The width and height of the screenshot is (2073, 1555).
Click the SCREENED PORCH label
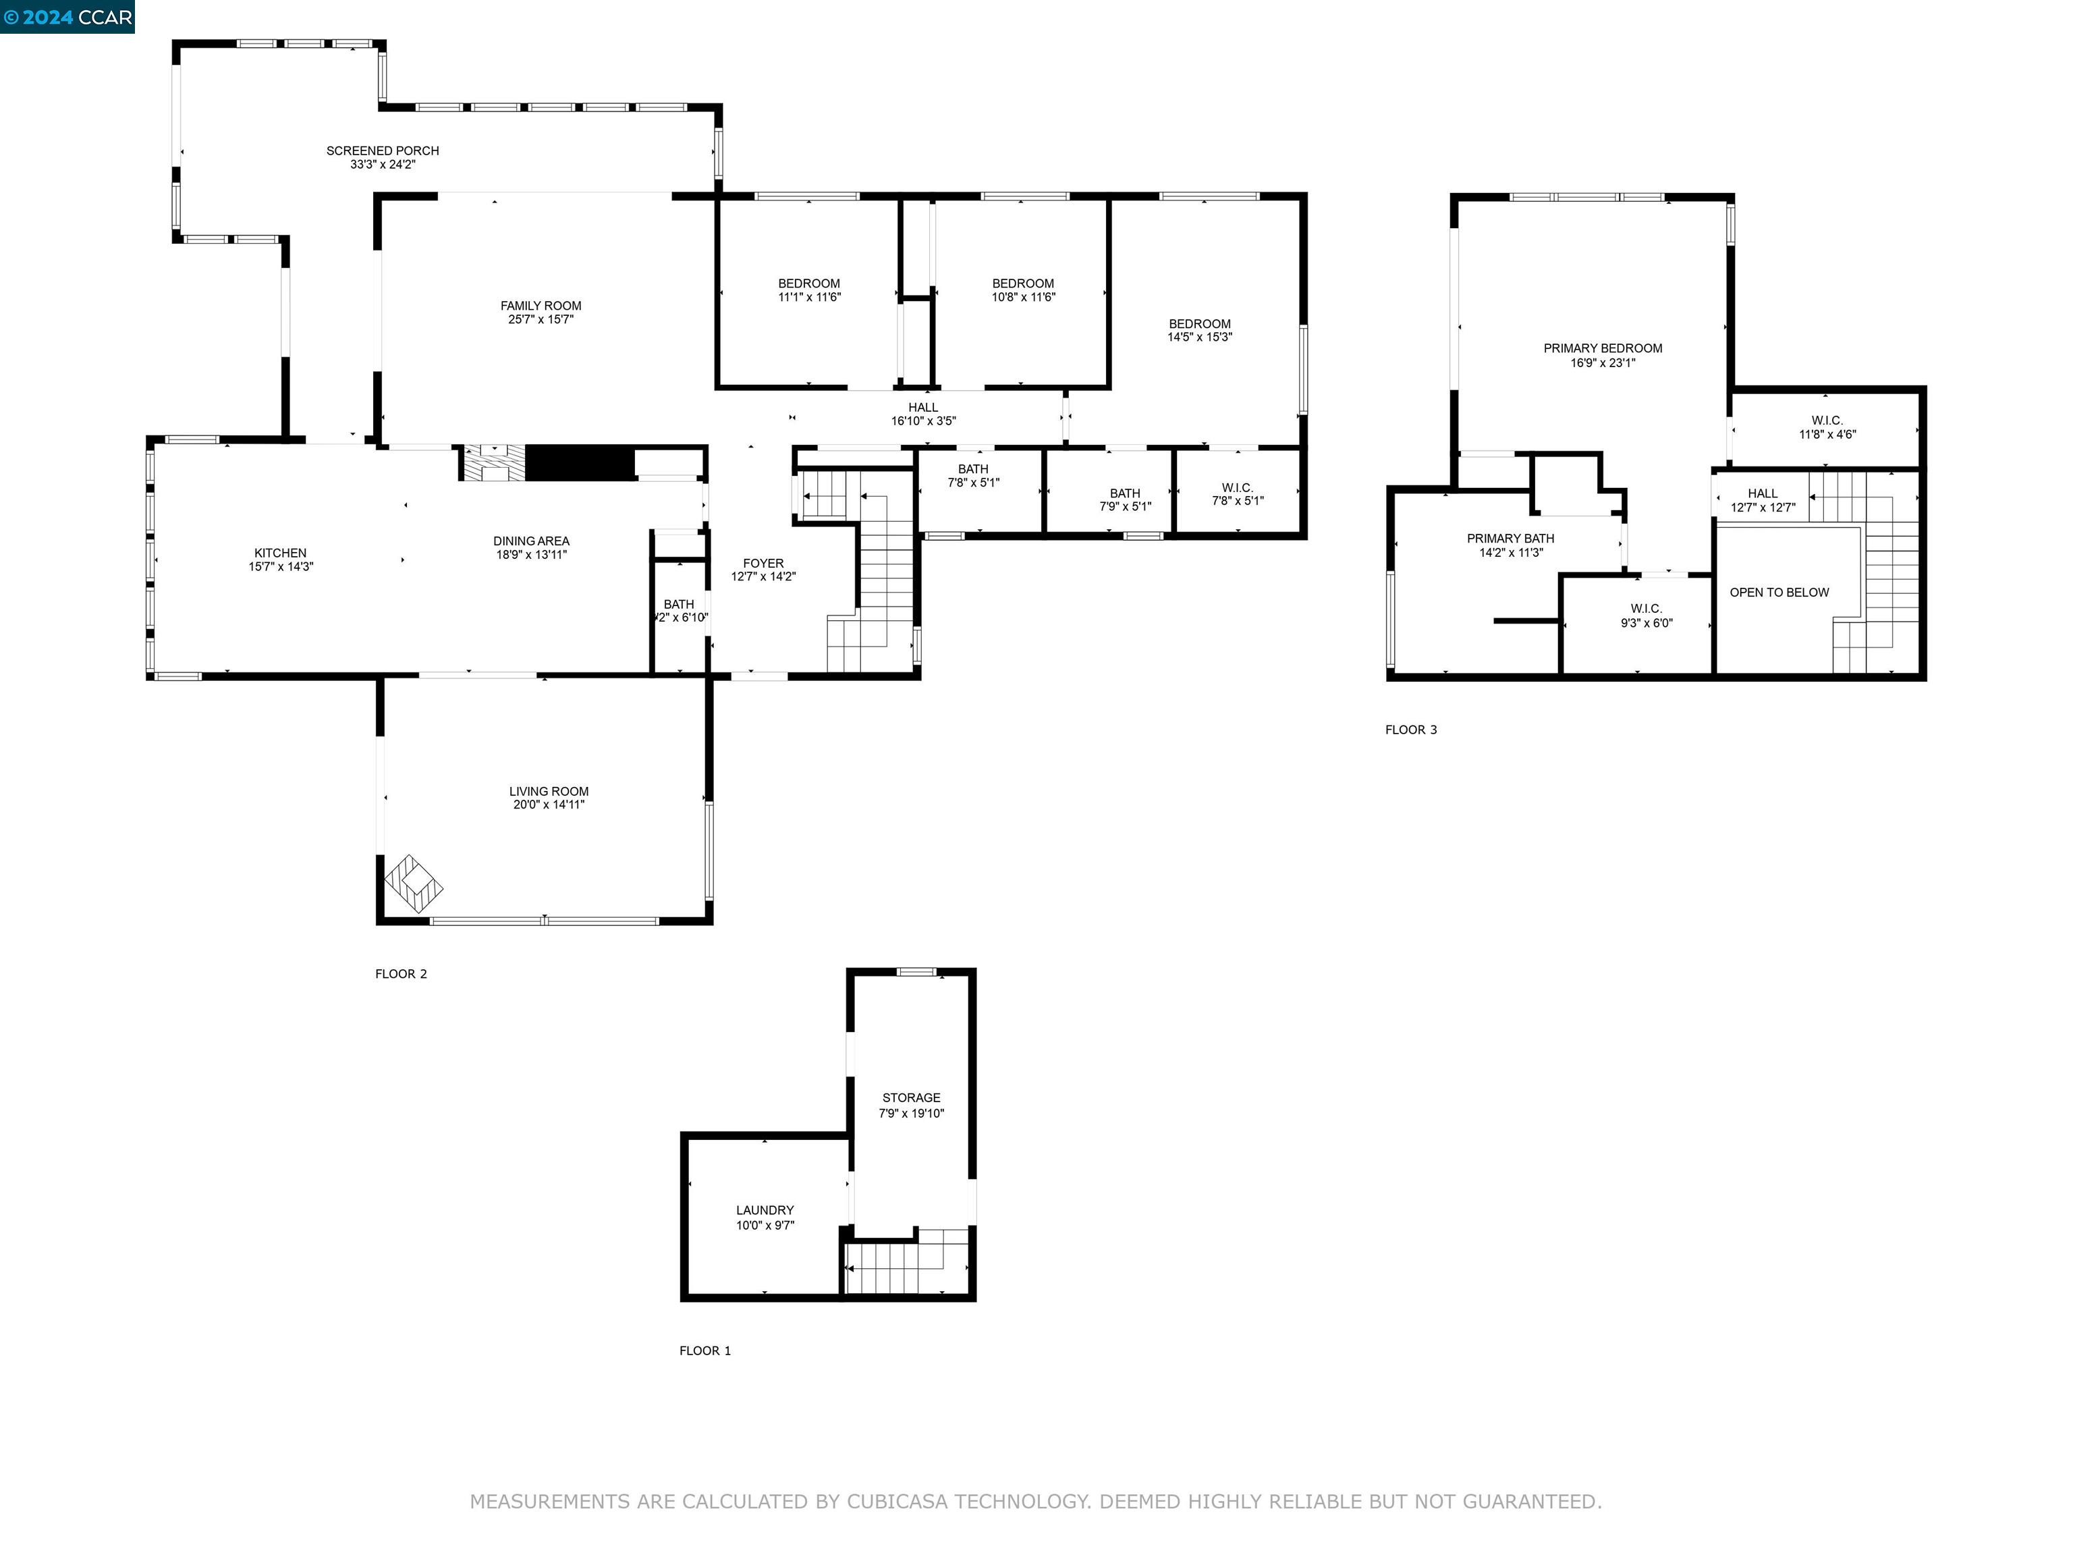383,151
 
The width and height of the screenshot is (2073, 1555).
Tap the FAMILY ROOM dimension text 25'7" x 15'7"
541,320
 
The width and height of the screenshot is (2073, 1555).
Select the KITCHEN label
280,553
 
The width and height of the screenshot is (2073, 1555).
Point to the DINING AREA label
531,541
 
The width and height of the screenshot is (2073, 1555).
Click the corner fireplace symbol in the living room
412,883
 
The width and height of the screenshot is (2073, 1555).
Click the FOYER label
763,564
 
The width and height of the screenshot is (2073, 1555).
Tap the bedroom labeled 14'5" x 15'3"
1200,330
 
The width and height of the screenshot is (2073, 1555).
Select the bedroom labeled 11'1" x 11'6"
809,290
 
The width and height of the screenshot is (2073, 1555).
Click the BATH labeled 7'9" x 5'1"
1125,499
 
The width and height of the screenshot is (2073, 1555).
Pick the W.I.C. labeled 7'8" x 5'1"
1237,494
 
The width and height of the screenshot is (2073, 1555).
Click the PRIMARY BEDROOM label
1603,349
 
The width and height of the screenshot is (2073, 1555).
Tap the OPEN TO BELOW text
1779,593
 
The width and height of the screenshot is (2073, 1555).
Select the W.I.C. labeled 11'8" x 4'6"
1827,427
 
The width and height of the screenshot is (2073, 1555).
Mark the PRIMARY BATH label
1510,539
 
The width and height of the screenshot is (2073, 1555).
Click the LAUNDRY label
765,1210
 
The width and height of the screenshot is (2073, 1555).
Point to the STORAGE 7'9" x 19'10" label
911,1105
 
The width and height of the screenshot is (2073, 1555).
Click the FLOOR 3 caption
1410,729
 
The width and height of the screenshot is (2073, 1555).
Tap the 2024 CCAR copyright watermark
67,17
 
